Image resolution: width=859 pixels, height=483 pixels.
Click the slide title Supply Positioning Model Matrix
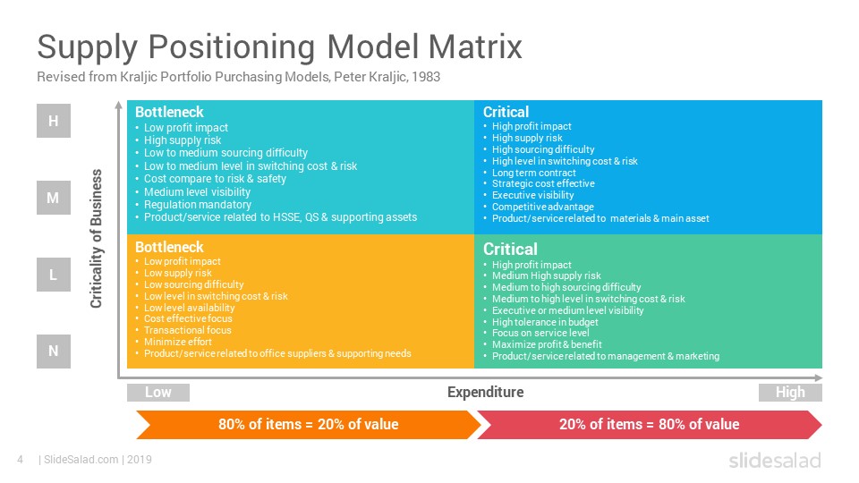click(x=279, y=46)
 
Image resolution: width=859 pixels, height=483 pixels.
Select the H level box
click(x=54, y=121)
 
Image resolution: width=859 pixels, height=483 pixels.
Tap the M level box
click(x=54, y=198)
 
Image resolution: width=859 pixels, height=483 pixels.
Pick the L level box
click(x=54, y=275)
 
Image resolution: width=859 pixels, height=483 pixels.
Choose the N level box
click(x=54, y=352)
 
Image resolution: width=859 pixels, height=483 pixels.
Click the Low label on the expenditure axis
click(x=158, y=392)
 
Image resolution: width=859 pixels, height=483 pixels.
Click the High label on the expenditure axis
click(x=790, y=392)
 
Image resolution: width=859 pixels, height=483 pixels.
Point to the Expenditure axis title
click(x=485, y=392)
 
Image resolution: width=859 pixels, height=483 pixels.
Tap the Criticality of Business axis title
click(x=97, y=239)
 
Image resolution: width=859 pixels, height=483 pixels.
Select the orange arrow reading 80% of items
click(x=308, y=424)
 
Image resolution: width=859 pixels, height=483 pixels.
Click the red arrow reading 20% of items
click(x=650, y=424)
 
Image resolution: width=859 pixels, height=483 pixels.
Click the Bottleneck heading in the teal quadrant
click(x=169, y=112)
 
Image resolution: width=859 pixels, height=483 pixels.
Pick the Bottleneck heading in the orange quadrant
click(x=169, y=247)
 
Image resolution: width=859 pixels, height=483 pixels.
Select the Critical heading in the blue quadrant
click(x=506, y=112)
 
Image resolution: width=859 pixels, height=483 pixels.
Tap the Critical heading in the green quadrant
click(x=510, y=249)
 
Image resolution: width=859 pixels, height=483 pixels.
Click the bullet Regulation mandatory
click(x=197, y=205)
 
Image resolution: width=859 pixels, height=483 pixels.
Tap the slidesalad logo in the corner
click(x=774, y=461)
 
